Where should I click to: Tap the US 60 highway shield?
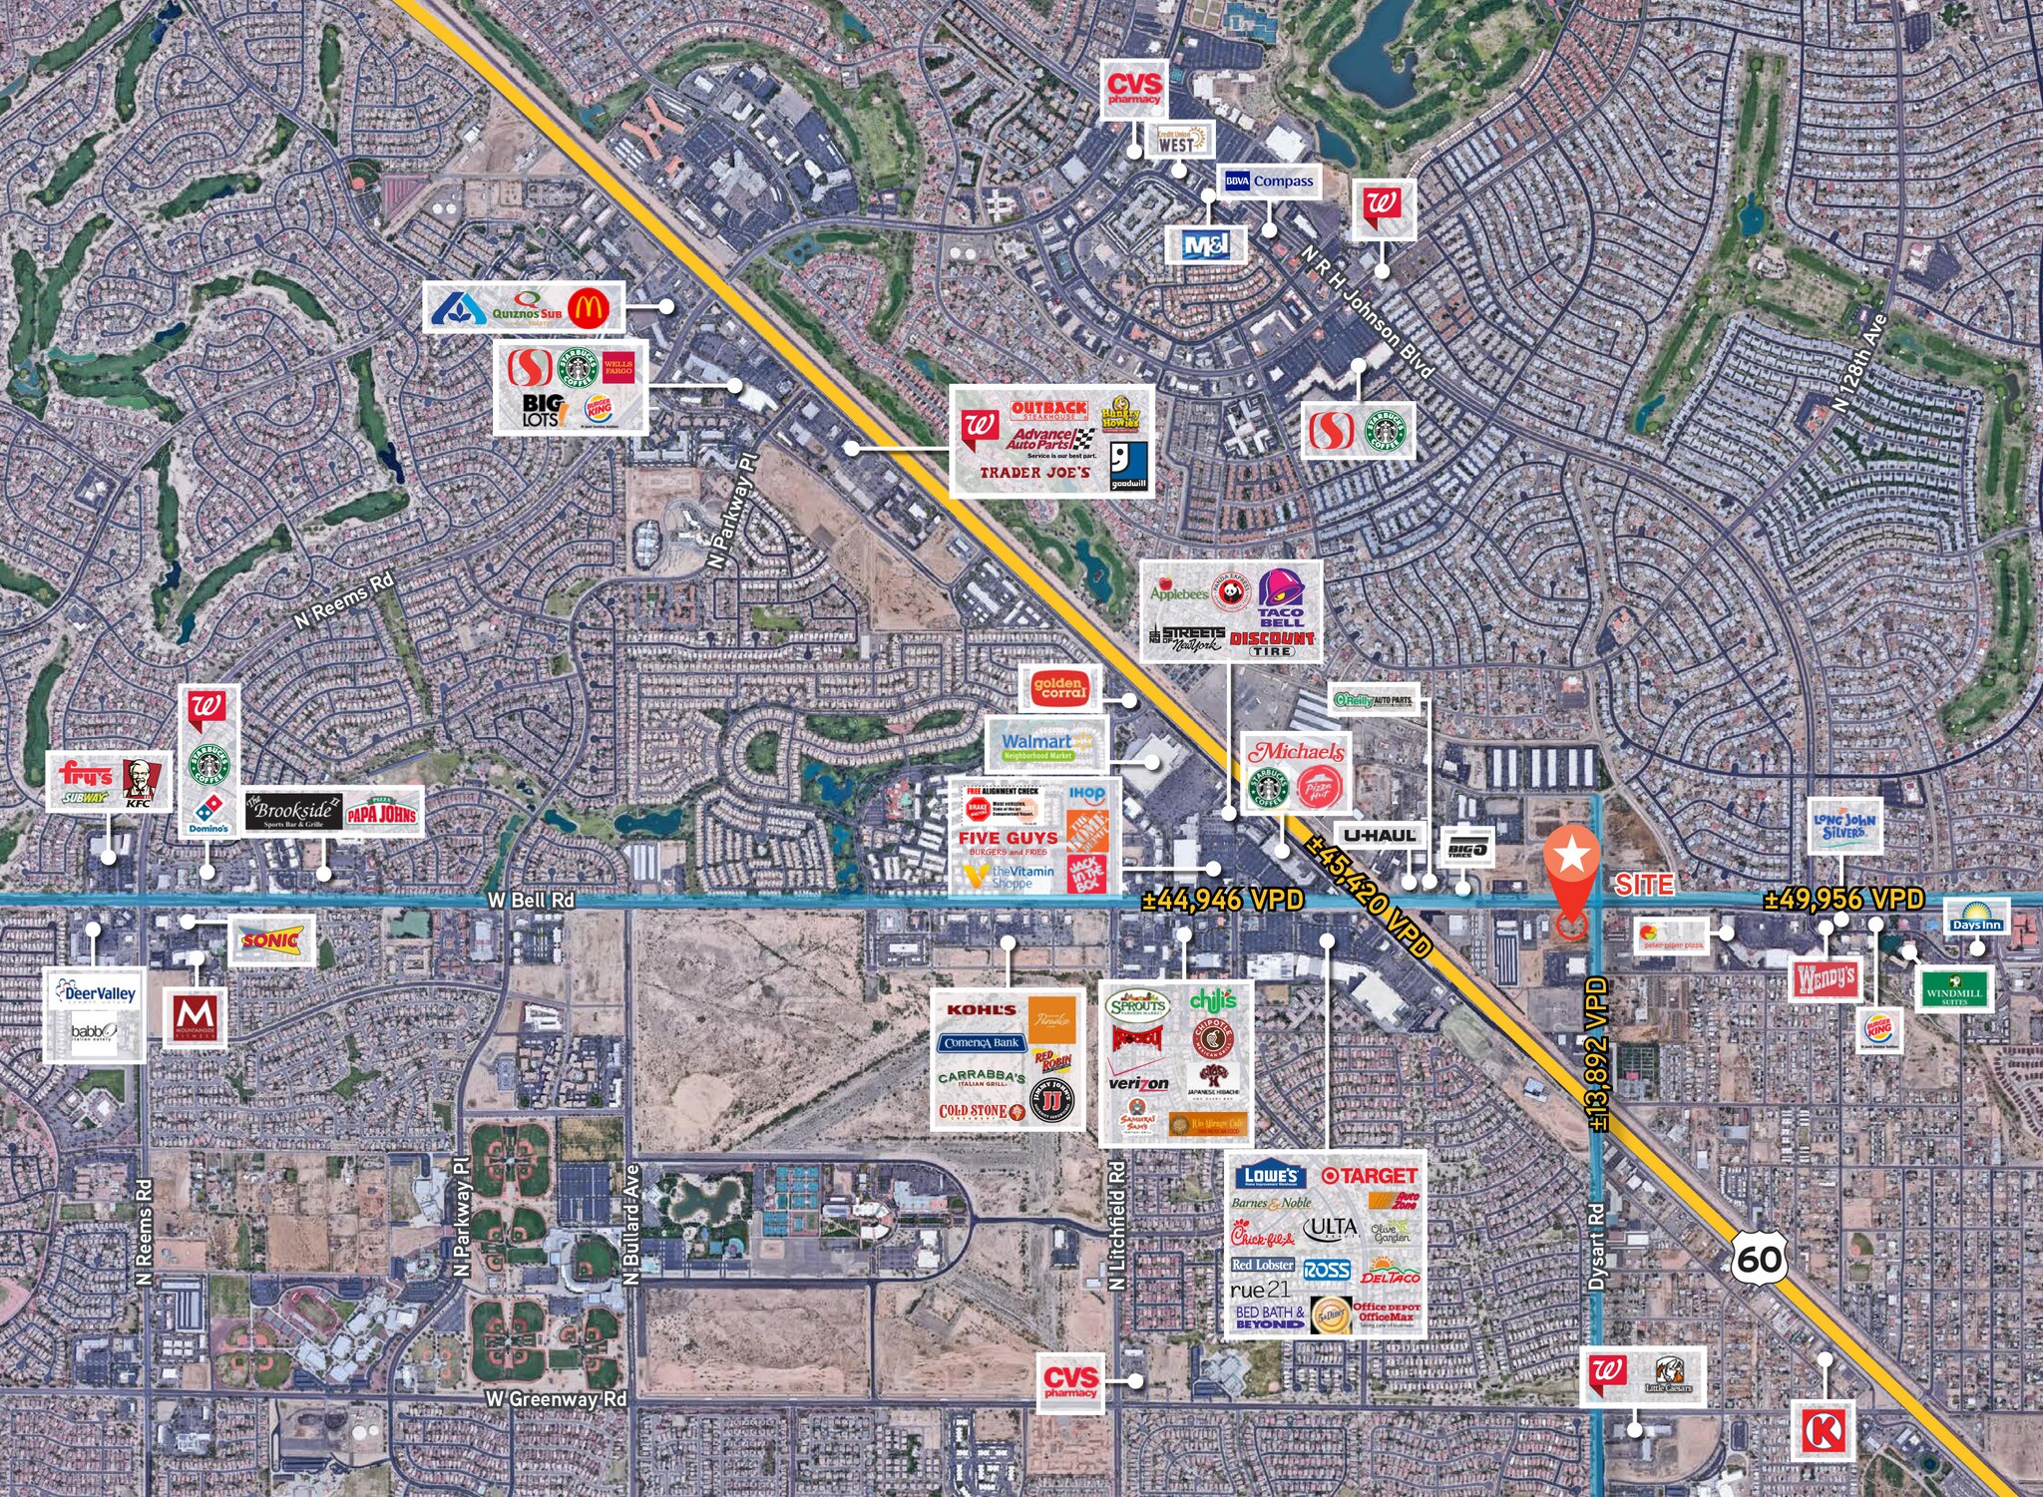[x=1759, y=1259]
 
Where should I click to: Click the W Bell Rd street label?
[x=531, y=900]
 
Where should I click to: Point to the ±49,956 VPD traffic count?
[x=1843, y=899]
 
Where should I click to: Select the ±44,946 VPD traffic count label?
[x=1222, y=901]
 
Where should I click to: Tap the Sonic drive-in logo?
[x=271, y=939]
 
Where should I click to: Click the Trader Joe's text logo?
[x=1034, y=473]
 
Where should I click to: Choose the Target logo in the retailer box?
[x=1369, y=1176]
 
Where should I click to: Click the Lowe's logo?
[x=1271, y=1176]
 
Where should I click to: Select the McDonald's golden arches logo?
[x=588, y=308]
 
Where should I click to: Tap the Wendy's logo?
[x=1826, y=979]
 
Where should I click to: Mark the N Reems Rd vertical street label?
[x=145, y=1232]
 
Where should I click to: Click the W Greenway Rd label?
[x=556, y=1399]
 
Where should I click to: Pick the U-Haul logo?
[x=1380, y=836]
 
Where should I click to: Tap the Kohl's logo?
[x=981, y=1009]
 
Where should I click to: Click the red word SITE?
[x=1644, y=885]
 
